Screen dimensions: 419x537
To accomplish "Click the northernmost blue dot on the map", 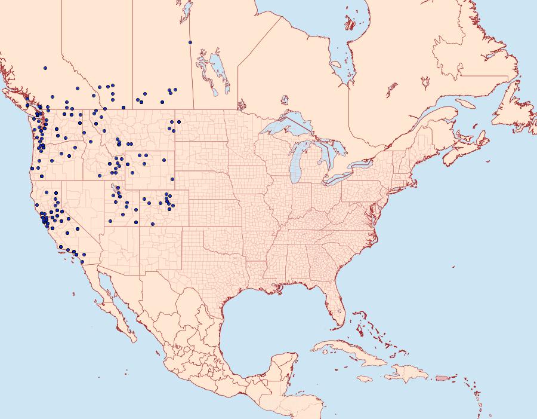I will (x=190, y=42).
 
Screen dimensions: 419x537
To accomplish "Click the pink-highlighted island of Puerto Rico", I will (x=441, y=377).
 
